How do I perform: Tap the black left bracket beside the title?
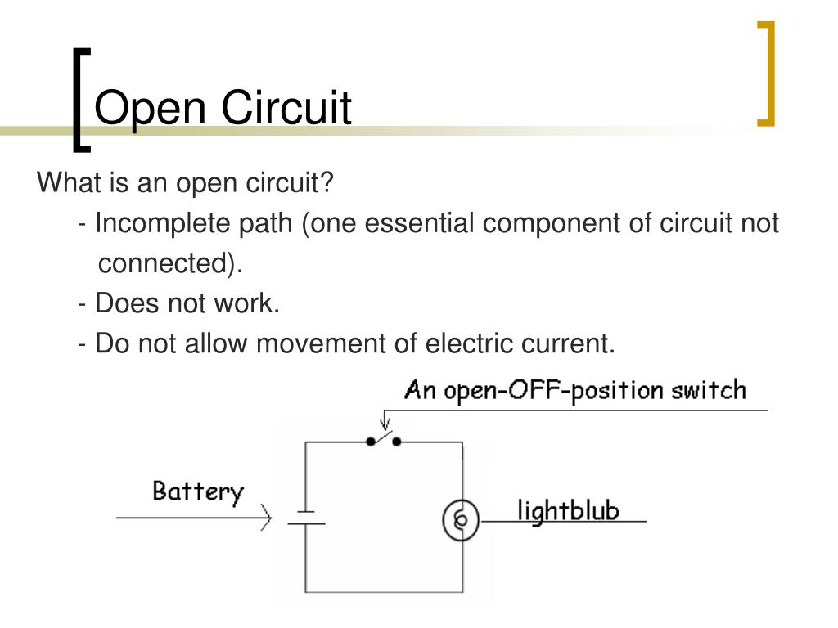80,98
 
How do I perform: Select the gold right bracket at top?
766,74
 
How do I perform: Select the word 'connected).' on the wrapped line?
171,263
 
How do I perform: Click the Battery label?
198,491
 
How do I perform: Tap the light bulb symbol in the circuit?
461,519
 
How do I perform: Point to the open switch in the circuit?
384,440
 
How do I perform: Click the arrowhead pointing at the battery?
266,518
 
